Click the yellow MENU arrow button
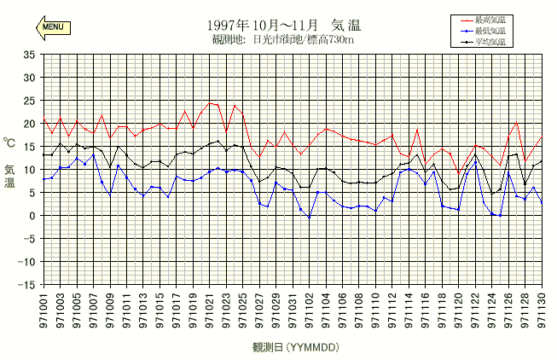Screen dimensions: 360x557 tap(51, 27)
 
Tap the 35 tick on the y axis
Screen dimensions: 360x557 tap(28, 55)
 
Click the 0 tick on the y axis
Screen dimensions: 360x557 tap(32, 216)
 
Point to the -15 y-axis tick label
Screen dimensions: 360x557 tap(26, 285)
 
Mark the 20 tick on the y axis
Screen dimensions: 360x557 tap(28, 124)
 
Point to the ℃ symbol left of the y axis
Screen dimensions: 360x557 tap(9, 143)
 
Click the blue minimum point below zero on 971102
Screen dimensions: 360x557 tap(309, 218)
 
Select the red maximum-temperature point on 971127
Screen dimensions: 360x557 tap(516, 122)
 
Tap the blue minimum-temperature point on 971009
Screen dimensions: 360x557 tap(110, 195)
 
